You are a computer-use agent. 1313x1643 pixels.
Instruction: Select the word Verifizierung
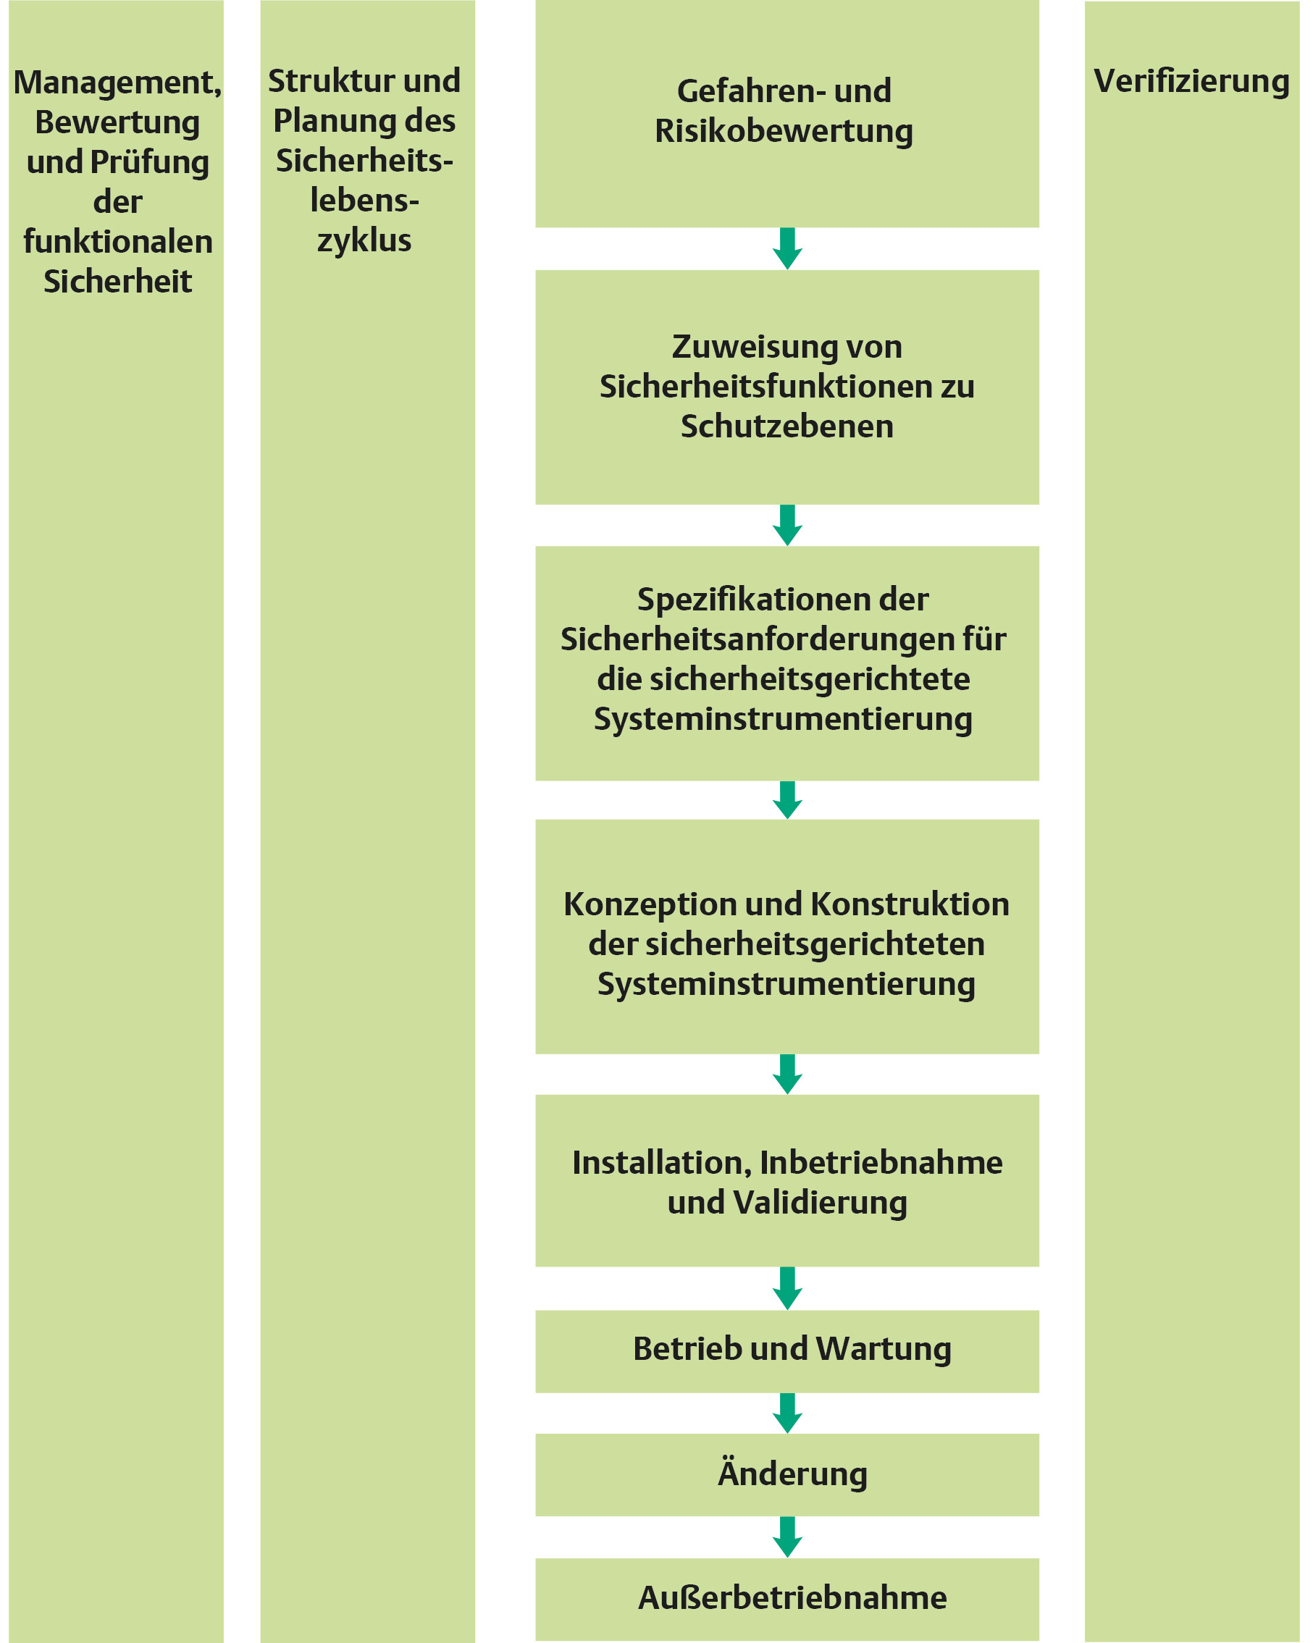click(x=1191, y=82)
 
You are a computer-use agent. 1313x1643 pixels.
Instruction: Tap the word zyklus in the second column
click(x=364, y=241)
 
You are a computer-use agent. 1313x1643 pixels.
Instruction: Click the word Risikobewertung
click(x=784, y=131)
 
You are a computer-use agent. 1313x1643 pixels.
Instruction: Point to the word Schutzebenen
click(x=786, y=426)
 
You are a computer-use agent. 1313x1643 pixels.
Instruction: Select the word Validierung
click(x=820, y=1203)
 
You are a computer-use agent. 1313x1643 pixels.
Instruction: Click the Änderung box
click(x=786, y=1474)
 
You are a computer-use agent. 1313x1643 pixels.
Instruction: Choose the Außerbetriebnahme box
click(x=786, y=1598)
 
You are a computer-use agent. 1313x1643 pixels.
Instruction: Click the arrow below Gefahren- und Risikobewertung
click(x=787, y=248)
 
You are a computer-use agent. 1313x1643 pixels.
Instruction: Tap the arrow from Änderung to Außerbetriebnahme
click(x=787, y=1537)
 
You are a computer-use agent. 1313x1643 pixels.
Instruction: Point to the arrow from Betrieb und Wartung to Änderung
click(x=787, y=1413)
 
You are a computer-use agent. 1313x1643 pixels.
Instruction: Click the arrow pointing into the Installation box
click(x=787, y=1074)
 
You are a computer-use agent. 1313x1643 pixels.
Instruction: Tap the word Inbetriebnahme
click(x=881, y=1163)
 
